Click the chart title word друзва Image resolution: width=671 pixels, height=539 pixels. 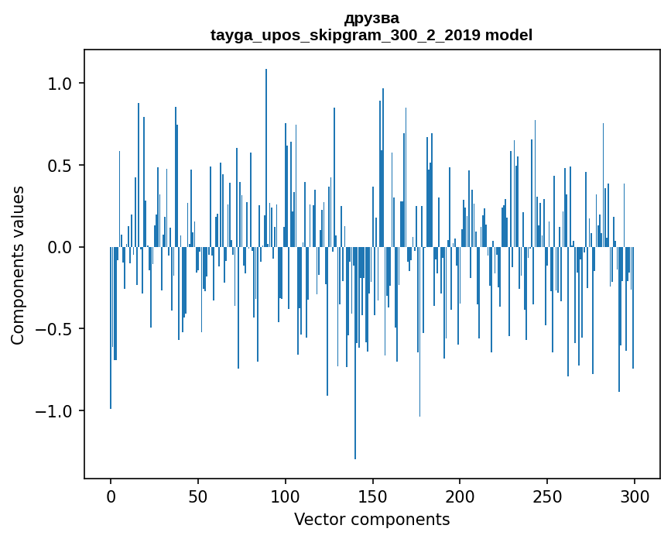click(x=371, y=18)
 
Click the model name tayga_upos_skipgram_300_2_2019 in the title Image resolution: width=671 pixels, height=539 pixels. click(x=345, y=35)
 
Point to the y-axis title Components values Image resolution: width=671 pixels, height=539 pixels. click(x=18, y=265)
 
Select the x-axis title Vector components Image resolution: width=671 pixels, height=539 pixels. click(x=371, y=519)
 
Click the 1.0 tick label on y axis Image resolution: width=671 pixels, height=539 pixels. click(x=60, y=84)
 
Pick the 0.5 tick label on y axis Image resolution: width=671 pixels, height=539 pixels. click(x=60, y=166)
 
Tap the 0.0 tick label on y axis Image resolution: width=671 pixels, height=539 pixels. click(x=60, y=248)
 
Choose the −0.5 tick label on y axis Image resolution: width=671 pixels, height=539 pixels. click(x=53, y=329)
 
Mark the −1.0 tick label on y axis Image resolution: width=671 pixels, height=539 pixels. click(x=53, y=411)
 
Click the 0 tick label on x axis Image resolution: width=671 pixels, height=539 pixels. click(x=111, y=496)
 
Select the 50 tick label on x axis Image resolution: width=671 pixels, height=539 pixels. click(x=198, y=496)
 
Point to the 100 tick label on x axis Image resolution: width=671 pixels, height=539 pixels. click(x=286, y=496)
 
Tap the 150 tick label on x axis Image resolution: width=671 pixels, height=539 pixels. click(x=373, y=496)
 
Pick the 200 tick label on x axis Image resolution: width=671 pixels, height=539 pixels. click(x=460, y=496)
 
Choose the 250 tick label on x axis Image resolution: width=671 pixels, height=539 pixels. click(x=547, y=496)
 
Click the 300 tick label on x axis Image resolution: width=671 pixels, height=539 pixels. click(x=635, y=496)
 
